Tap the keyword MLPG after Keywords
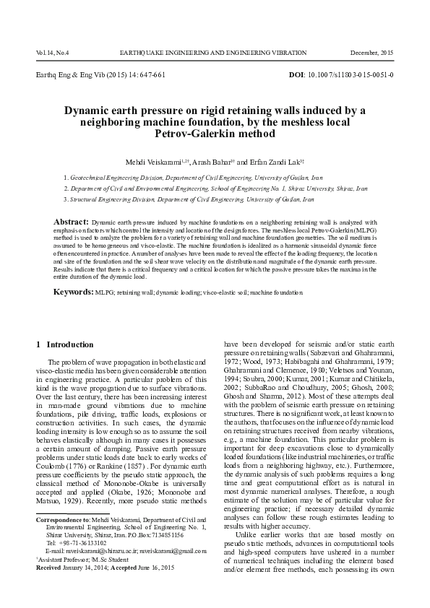pyautogui.click(x=104, y=295)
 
